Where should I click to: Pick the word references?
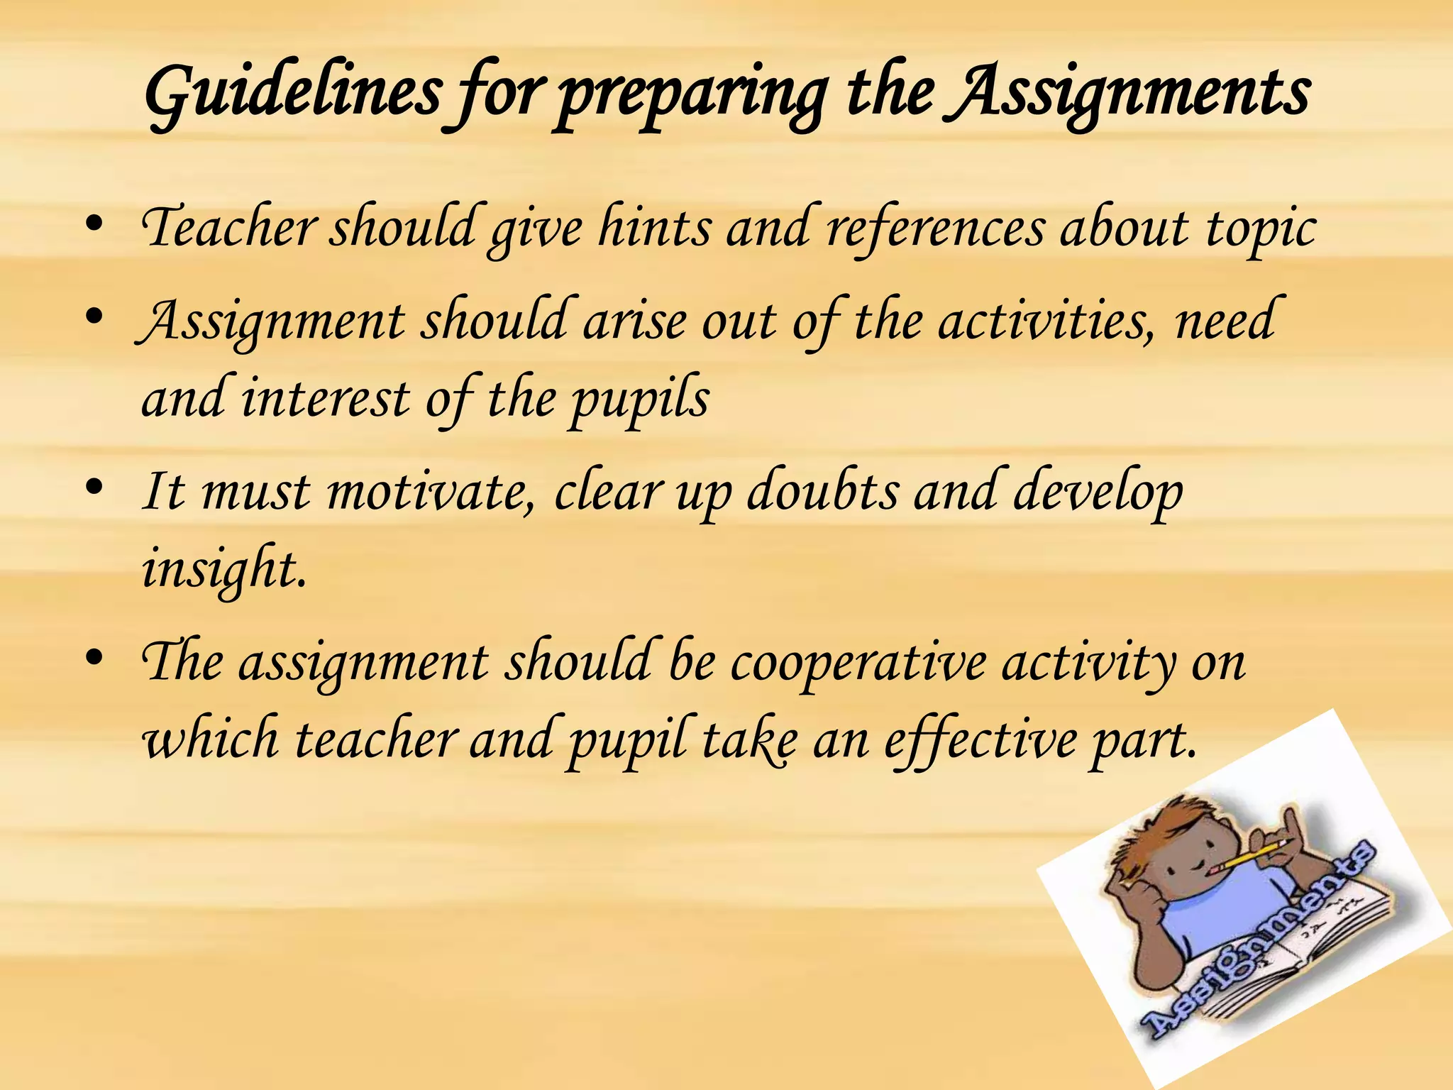tap(936, 229)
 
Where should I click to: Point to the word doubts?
tap(822, 491)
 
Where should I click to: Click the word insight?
tap(224, 570)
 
